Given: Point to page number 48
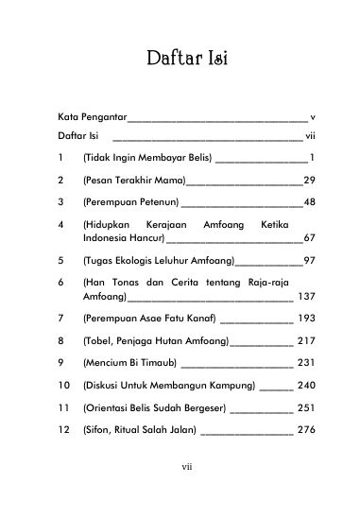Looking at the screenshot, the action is coord(308,201).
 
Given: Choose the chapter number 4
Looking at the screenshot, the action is coord(60,226).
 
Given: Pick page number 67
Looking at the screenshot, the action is coord(308,237).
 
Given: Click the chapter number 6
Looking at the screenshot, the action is coord(60,284).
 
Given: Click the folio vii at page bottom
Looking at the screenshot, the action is coord(186,491).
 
